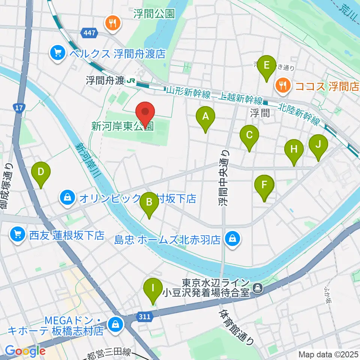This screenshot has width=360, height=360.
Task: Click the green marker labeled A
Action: pos(205,117)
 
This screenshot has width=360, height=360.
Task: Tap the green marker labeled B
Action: pos(149,203)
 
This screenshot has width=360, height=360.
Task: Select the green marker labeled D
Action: pos(41,172)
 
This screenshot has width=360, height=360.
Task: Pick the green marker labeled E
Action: pos(267,66)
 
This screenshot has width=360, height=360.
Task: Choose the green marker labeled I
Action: pos(153,288)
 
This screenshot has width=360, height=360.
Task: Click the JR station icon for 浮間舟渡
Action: pos(131,80)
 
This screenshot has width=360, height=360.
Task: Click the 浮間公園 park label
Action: pos(154,14)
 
